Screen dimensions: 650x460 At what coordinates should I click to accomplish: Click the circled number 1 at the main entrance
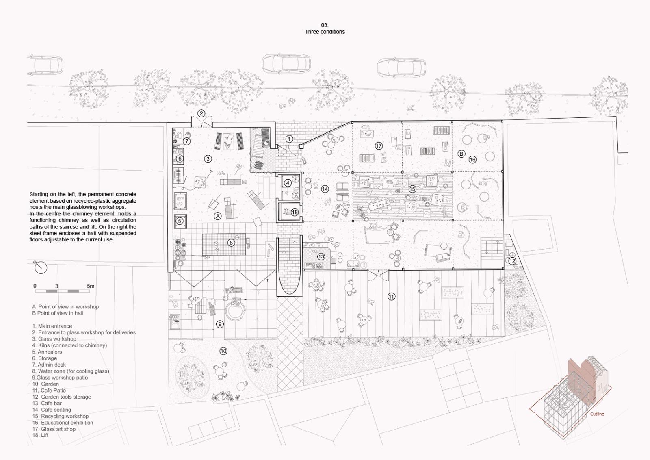(x=289, y=139)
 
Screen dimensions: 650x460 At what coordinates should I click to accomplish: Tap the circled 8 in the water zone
(x=231, y=243)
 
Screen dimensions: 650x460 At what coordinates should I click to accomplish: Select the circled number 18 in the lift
(x=295, y=212)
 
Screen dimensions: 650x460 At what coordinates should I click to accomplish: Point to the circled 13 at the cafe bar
(x=321, y=256)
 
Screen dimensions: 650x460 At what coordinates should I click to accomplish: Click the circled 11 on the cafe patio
(x=392, y=297)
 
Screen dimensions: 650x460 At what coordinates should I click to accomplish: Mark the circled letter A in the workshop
(x=217, y=216)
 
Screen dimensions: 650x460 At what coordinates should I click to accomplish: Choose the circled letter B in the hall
(x=461, y=154)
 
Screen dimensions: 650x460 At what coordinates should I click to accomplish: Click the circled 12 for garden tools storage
(x=512, y=261)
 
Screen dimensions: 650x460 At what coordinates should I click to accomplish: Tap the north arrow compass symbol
(x=40, y=267)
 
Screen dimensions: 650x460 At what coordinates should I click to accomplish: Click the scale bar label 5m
(x=91, y=286)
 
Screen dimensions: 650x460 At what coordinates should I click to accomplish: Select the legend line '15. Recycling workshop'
(x=61, y=416)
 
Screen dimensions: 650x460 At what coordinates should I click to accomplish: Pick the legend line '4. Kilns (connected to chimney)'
(x=69, y=345)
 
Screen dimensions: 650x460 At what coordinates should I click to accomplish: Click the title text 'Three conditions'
(x=325, y=32)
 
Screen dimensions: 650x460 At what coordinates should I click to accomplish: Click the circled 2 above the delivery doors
(x=201, y=113)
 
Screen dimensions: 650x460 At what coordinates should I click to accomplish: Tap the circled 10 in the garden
(x=223, y=351)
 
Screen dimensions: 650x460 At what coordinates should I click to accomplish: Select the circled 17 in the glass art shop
(x=379, y=146)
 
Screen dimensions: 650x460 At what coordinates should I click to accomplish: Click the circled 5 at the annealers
(x=180, y=221)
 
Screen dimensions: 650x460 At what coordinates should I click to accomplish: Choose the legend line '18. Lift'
(x=40, y=435)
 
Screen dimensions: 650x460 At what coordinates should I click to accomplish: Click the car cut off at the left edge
(x=45, y=65)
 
